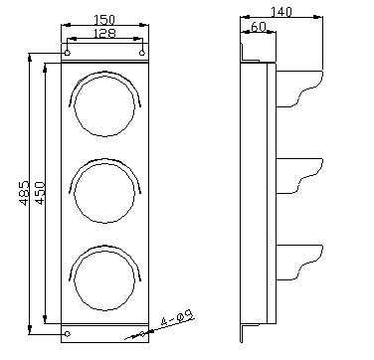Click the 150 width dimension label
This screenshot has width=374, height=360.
pyautogui.click(x=104, y=20)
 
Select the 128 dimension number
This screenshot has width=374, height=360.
pyautogui.click(x=104, y=34)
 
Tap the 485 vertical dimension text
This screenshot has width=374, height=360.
pyautogui.click(x=24, y=193)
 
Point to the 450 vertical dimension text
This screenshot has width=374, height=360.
pyautogui.click(x=40, y=193)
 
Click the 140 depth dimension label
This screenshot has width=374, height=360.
pyautogui.click(x=281, y=12)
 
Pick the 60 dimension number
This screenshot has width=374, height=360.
pyautogui.click(x=259, y=27)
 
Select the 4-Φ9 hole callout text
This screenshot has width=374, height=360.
pyautogui.click(x=177, y=318)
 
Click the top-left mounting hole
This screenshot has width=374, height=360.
pyautogui.click(x=68, y=53)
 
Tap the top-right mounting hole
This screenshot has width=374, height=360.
pyautogui.click(x=142, y=53)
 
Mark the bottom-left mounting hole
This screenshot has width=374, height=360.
pyautogui.click(x=68, y=334)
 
